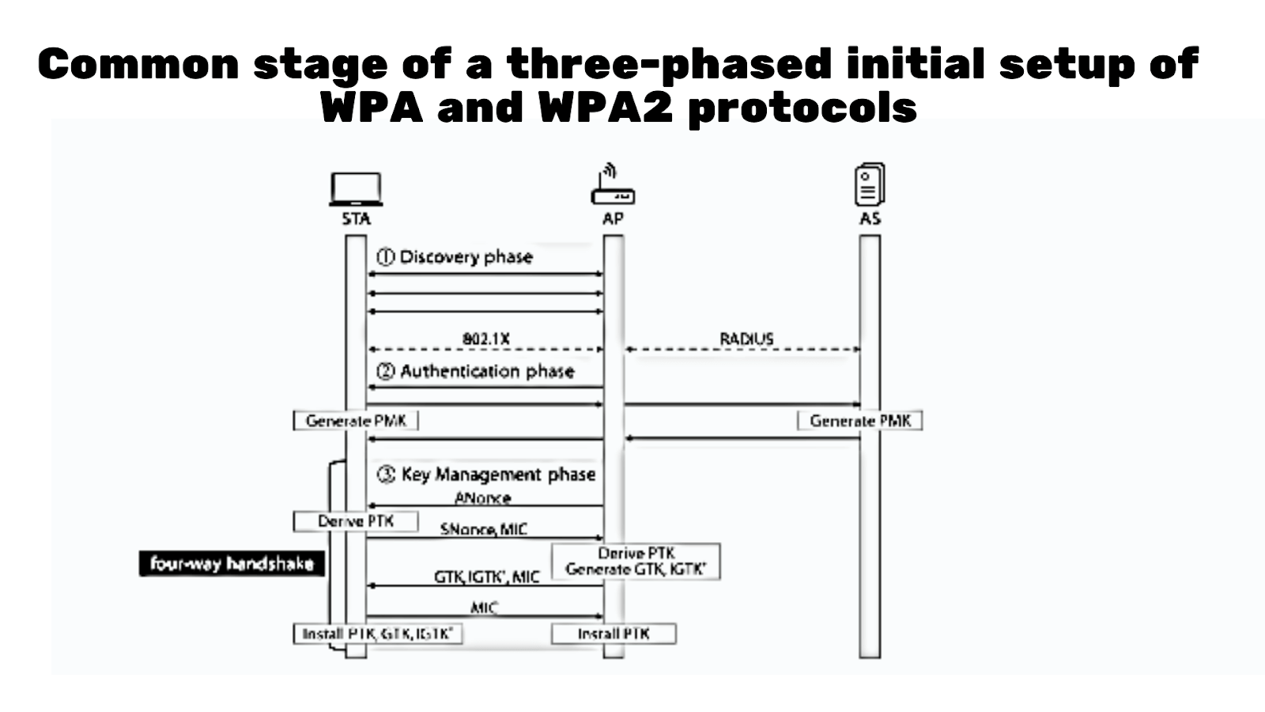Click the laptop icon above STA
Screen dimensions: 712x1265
coord(356,189)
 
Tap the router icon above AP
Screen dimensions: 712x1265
coord(613,186)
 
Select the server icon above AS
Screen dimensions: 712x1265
coord(870,185)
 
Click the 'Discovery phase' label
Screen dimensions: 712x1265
coord(455,257)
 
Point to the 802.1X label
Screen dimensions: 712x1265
coord(486,339)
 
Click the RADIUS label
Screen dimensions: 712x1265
coord(746,339)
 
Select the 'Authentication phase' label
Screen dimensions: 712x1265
coord(475,371)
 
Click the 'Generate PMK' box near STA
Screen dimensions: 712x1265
coord(356,421)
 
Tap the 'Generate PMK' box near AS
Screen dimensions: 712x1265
coord(859,421)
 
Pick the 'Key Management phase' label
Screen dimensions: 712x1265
coord(486,475)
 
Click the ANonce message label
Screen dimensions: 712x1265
coord(482,498)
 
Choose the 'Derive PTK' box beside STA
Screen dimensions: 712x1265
coord(356,521)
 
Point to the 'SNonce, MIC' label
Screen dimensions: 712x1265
coord(483,529)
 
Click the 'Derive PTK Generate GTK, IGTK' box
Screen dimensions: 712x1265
coord(636,561)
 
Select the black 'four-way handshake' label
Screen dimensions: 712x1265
coord(232,564)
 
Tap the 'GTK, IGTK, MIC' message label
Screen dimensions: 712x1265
coord(486,578)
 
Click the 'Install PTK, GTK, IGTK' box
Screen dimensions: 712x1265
coord(377,634)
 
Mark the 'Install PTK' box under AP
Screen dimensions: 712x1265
coord(614,634)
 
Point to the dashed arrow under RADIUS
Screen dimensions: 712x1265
coord(743,349)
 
